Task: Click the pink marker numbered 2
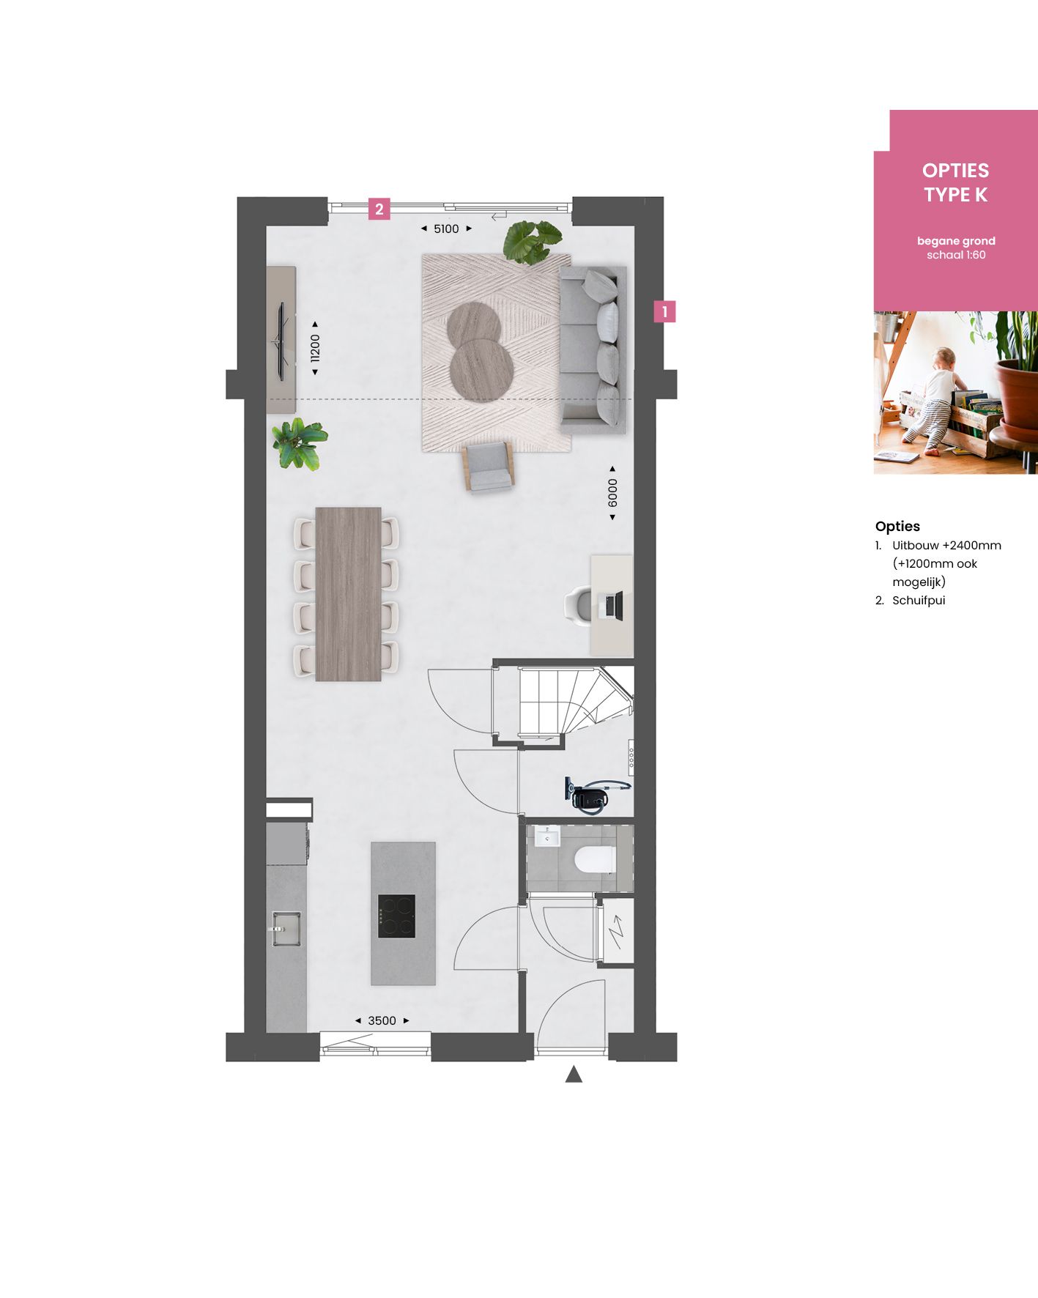tap(379, 209)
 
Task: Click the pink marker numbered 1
tap(664, 311)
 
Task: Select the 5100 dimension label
tap(446, 229)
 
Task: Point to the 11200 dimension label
tap(315, 348)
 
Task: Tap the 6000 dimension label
tap(612, 493)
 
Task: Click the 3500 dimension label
tap(382, 1020)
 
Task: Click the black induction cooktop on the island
tap(396, 916)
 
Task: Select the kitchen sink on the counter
tap(286, 928)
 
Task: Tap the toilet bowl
tap(595, 859)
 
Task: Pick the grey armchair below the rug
tap(488, 466)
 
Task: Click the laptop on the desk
tap(612, 606)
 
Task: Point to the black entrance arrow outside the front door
tap(574, 1075)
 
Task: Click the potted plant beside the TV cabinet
tap(299, 444)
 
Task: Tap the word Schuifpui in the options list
tap(919, 600)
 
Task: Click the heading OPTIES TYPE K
tap(955, 182)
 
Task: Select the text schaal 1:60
tap(956, 255)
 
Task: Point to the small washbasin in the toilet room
tap(546, 836)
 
